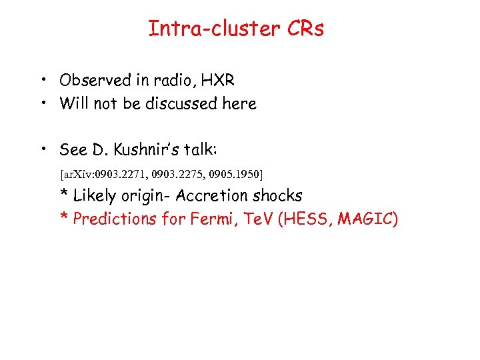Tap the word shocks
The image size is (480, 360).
tap(278, 196)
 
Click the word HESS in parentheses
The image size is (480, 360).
tap(303, 219)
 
